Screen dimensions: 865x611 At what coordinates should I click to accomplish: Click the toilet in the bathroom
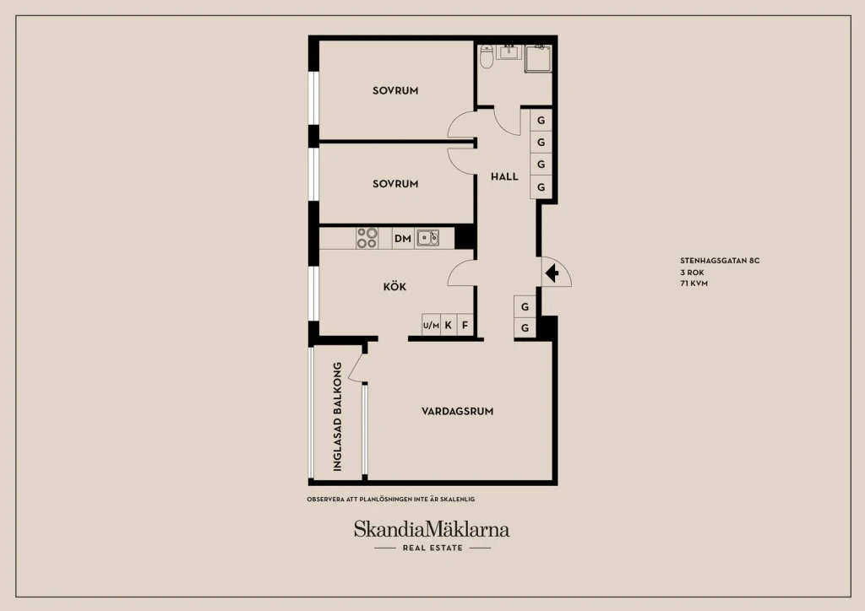point(486,57)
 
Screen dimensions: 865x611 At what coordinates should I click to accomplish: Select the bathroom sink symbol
point(509,51)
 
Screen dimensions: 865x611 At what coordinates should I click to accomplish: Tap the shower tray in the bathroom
point(538,58)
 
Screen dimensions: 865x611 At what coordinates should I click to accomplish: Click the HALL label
point(504,176)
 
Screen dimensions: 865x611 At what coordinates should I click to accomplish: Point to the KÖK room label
point(394,286)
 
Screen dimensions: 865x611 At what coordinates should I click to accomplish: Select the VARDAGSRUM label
point(457,411)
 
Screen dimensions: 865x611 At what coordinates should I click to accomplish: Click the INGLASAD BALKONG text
point(338,417)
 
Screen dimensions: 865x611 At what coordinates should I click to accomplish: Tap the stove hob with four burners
point(367,238)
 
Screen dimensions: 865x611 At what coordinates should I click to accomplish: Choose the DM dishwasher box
point(403,238)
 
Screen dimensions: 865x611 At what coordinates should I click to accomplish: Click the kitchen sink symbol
point(427,238)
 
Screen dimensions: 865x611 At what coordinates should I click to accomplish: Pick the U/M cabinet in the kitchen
point(431,325)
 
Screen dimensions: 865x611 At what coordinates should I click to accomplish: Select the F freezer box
point(465,325)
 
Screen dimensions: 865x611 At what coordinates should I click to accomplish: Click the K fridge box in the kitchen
point(449,325)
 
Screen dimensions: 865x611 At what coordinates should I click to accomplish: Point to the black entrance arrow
point(552,273)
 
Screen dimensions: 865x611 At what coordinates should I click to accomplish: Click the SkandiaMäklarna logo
point(432,529)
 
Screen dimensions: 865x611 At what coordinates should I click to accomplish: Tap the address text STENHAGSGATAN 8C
point(720,261)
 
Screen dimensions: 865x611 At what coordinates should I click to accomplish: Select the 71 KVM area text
point(694,284)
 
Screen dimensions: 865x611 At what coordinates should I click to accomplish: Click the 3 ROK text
point(692,273)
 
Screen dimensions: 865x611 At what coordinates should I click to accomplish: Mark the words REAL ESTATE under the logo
point(432,548)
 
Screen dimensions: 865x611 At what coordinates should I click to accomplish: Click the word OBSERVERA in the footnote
point(325,499)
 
